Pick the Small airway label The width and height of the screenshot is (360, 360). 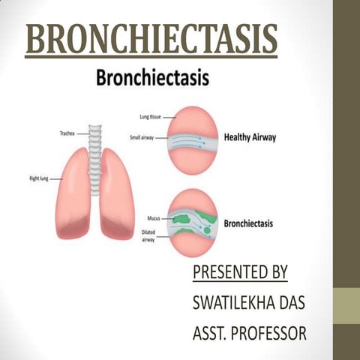coord(145,137)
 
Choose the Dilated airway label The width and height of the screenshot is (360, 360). coord(152,236)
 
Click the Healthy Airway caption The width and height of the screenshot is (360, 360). coord(251,138)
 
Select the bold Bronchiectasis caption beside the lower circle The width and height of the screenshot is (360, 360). coord(249,223)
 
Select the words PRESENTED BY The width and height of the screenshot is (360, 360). coord(240,271)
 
